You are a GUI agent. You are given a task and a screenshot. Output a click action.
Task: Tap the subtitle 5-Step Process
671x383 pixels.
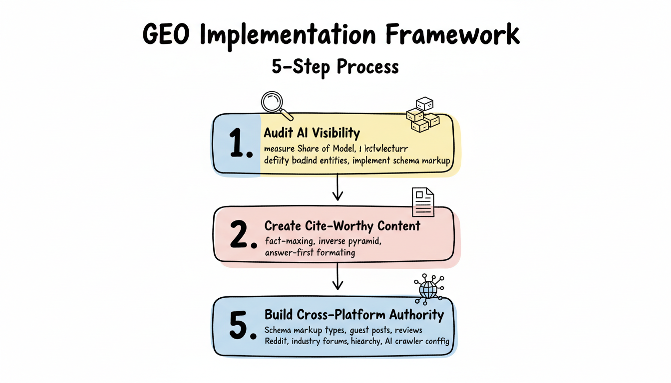[x=335, y=66]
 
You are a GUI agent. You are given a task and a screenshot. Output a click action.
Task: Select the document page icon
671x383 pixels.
[x=422, y=202]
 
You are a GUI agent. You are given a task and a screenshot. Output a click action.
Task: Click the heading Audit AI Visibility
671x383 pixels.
[x=312, y=133]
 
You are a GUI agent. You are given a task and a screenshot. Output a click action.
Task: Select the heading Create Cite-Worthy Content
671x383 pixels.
[x=342, y=226]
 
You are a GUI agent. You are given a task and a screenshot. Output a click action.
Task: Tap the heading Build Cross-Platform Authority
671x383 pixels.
[x=353, y=315]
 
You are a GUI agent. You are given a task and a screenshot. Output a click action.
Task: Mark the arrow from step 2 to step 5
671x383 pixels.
[x=338, y=277]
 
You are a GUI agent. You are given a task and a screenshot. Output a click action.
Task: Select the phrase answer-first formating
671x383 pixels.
[x=310, y=252]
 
